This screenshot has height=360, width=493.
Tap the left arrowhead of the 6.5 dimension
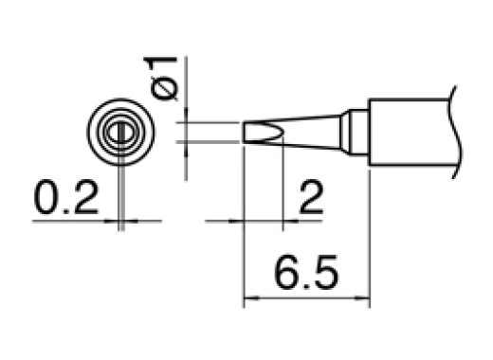pyautogui.click(x=250, y=302)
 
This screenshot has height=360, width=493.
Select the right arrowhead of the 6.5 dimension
pyautogui.click(x=362, y=302)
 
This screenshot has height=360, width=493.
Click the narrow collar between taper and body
pyautogui.click(x=355, y=132)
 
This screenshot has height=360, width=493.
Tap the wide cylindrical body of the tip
pyautogui.click(x=408, y=132)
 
